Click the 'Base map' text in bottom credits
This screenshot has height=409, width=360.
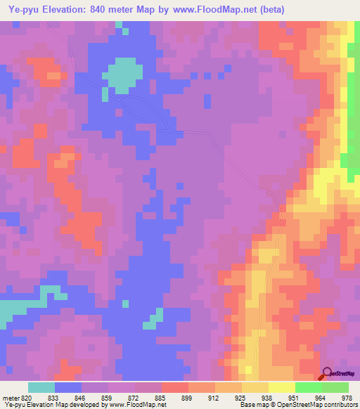coord(251,405)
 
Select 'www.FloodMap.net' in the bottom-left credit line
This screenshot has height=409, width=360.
coord(136,405)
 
